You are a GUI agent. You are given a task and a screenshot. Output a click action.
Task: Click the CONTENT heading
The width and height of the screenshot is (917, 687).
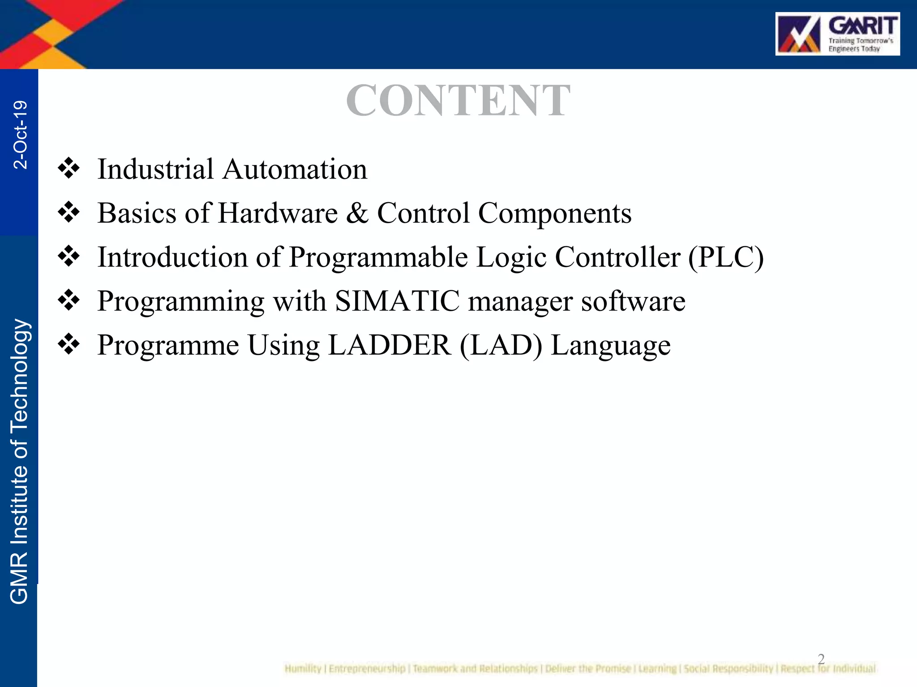(x=458, y=101)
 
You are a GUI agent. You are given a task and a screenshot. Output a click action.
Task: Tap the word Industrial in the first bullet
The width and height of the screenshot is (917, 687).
(x=155, y=170)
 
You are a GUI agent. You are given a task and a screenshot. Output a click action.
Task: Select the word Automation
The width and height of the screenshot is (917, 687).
(x=295, y=170)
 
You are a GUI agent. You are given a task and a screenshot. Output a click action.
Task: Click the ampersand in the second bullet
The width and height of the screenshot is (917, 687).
(x=357, y=213)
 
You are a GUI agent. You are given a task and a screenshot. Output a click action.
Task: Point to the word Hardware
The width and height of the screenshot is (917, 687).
(x=278, y=213)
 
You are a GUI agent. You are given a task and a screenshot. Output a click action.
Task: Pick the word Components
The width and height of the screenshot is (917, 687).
(x=555, y=214)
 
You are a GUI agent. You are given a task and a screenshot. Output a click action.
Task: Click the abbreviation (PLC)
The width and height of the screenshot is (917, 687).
(x=726, y=258)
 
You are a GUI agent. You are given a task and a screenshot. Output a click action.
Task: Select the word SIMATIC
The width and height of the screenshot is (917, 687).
(x=397, y=301)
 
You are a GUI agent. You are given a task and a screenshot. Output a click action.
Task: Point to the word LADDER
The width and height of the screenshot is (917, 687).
(x=390, y=345)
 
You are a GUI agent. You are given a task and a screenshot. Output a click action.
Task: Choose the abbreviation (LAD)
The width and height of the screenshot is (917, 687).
(x=501, y=345)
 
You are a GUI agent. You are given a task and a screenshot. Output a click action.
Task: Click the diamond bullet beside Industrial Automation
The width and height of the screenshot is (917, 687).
(x=69, y=169)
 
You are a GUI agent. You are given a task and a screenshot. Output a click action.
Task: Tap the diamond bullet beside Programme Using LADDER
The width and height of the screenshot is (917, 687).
(x=69, y=344)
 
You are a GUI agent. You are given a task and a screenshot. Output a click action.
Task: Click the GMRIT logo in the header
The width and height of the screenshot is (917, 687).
(x=837, y=34)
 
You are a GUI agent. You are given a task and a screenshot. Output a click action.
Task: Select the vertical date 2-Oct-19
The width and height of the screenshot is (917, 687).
(x=20, y=135)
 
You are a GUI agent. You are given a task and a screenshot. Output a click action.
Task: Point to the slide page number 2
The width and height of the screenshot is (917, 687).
(x=821, y=658)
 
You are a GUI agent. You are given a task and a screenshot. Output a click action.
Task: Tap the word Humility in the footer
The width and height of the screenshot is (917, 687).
(x=303, y=669)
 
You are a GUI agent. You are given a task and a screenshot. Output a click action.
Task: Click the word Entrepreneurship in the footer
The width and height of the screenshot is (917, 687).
(x=367, y=669)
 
